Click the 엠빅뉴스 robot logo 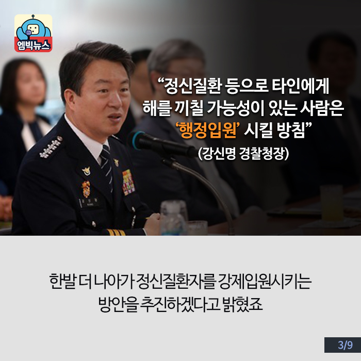[x=34, y=33]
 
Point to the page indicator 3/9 [x=345, y=345]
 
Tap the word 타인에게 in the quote [x=301, y=86]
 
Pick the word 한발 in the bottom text [x=62, y=282]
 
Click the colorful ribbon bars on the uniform [x=128, y=183]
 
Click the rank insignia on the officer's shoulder [x=51, y=147]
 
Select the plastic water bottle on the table [x=174, y=218]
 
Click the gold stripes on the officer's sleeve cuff [x=116, y=232]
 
